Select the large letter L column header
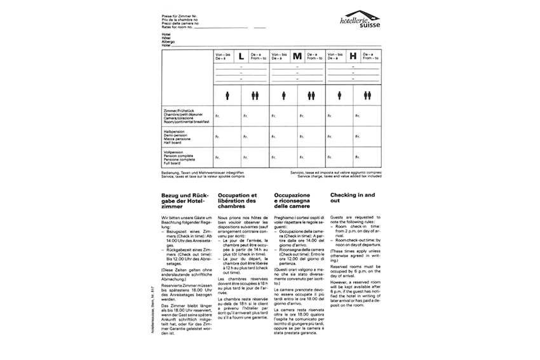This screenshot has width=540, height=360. pyautogui.click(x=241, y=57)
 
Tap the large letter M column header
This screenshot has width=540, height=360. pyautogui.click(x=297, y=57)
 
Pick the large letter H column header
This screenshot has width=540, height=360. pyautogui.click(x=352, y=57)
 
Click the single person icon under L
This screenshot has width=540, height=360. pyautogui.click(x=227, y=95)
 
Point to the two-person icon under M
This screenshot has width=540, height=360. pyautogui.click(x=311, y=95)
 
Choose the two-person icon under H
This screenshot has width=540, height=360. pyautogui.click(x=367, y=95)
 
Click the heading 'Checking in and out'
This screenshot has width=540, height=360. pyautogui.click(x=353, y=197)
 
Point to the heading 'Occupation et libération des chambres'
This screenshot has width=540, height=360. pyautogui.click(x=237, y=201)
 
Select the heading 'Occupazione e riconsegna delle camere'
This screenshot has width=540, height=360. pyautogui.click(x=292, y=201)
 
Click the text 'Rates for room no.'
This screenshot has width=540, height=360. pyautogui.click(x=180, y=27)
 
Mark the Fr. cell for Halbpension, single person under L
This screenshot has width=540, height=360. pyautogui.click(x=218, y=137)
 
